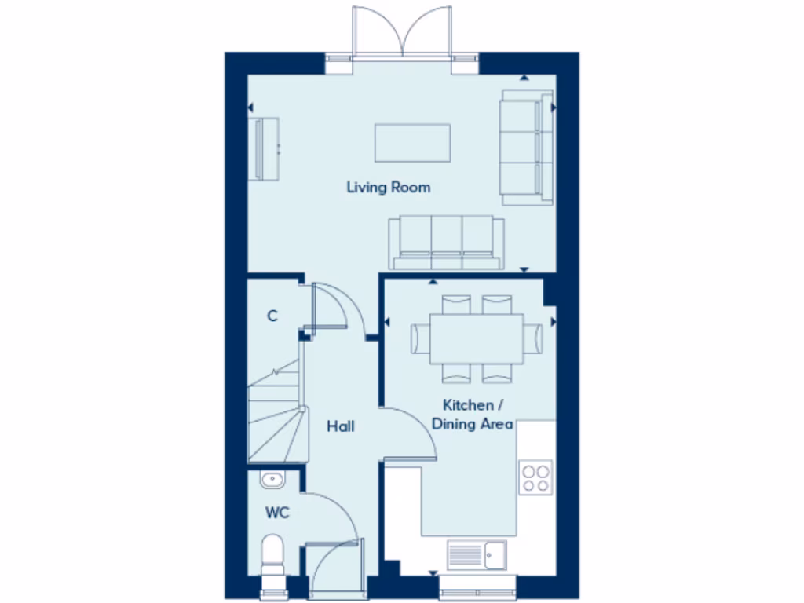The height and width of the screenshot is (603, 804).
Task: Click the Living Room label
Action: [389, 188]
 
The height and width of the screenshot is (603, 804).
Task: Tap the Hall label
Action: [341, 426]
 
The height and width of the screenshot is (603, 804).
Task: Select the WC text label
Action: [276, 513]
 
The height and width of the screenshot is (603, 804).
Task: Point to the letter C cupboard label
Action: [272, 316]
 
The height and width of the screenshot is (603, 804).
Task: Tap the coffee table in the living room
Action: [412, 142]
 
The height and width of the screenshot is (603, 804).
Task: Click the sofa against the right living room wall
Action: [526, 147]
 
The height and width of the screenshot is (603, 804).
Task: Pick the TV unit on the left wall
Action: [264, 148]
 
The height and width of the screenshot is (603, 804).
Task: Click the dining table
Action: [477, 338]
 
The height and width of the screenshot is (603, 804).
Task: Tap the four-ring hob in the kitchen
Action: [536, 478]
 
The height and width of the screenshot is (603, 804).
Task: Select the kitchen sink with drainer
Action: [477, 555]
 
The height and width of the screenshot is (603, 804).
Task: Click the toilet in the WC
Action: [272, 554]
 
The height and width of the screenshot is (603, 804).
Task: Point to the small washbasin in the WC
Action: [272, 478]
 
